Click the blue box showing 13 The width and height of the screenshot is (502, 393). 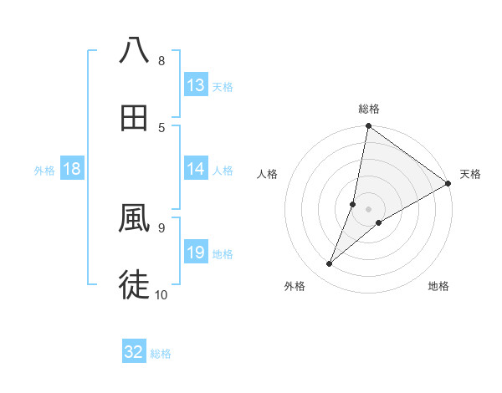coord(196,85)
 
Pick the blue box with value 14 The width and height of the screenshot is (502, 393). coord(196,169)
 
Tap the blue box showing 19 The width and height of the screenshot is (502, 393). coord(196,253)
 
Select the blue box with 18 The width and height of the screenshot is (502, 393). coord(72,169)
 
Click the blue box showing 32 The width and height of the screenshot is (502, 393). coord(134,352)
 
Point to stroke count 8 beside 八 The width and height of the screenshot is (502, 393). coord(161,61)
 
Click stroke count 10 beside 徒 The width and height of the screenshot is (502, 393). coord(161,294)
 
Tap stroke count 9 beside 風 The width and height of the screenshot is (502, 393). coord(161,227)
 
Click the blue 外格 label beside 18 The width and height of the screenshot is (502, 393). coord(44,170)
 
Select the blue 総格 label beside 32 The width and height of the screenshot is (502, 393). coord(161,354)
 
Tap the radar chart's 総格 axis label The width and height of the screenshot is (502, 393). coord(369,109)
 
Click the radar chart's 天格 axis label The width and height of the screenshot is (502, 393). coord(470,174)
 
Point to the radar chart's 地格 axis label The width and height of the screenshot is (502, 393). coord(438,286)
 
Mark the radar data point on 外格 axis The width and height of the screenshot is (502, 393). coord(330,264)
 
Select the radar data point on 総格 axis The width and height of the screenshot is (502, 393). coord(369,127)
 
